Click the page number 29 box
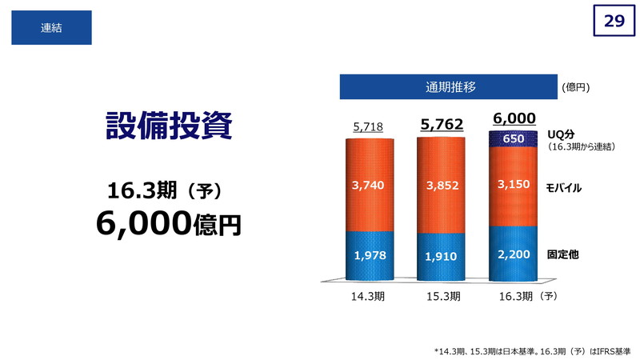point(614,21)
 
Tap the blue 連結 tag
point(51,27)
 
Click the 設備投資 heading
point(169,126)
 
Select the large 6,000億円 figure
point(169,223)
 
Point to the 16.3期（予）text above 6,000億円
point(165,190)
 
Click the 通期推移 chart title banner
point(449,87)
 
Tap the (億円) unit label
point(575,87)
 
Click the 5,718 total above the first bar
point(368,127)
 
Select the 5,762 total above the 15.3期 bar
point(442,124)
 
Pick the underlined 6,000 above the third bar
point(514,118)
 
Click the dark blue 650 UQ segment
point(513,139)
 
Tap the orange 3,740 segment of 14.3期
point(370,186)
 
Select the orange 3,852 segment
point(441,186)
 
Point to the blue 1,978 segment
point(370,256)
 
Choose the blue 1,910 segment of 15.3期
point(441,257)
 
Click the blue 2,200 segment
point(513,254)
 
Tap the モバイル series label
point(564,188)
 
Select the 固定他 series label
point(563,254)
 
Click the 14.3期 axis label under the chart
point(368,296)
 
